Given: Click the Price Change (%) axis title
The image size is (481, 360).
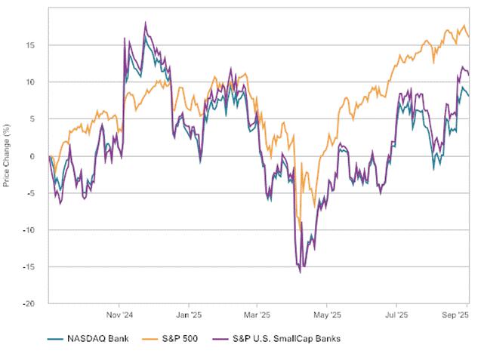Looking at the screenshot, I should click(x=7, y=156).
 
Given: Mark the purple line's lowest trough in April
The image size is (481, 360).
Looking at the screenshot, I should click(x=300, y=272).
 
